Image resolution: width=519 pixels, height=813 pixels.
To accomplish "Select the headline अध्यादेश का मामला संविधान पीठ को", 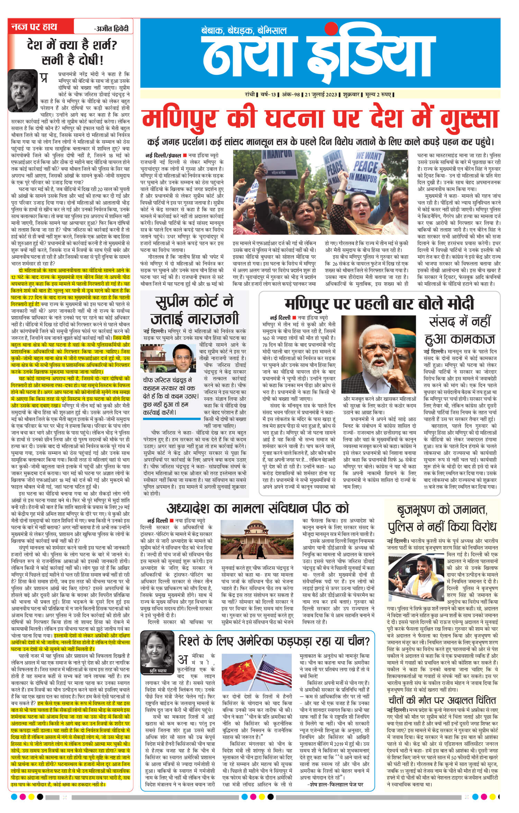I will [258, 508].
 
